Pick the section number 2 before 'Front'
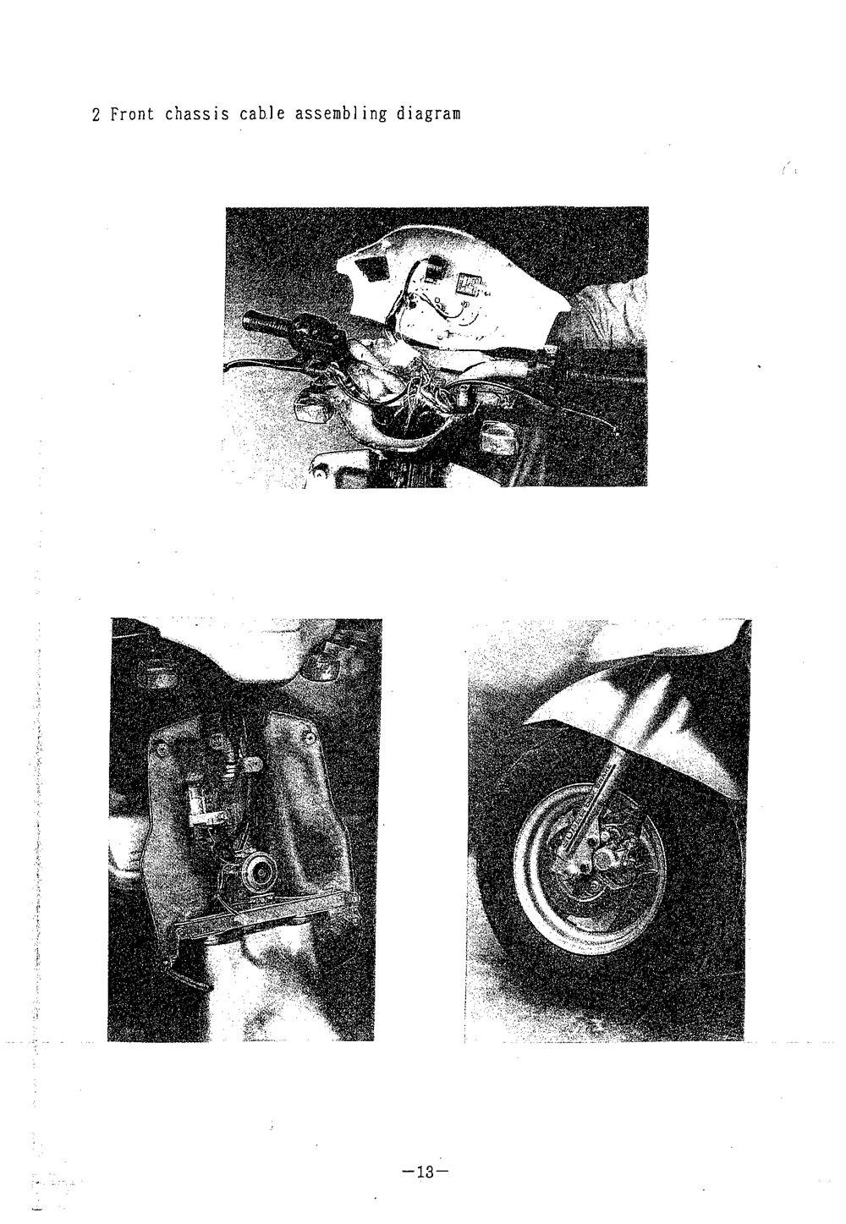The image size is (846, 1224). pyautogui.click(x=96, y=114)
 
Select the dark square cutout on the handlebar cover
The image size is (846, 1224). pyautogui.click(x=370, y=269)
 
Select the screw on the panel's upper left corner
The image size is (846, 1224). pyautogui.click(x=159, y=744)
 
